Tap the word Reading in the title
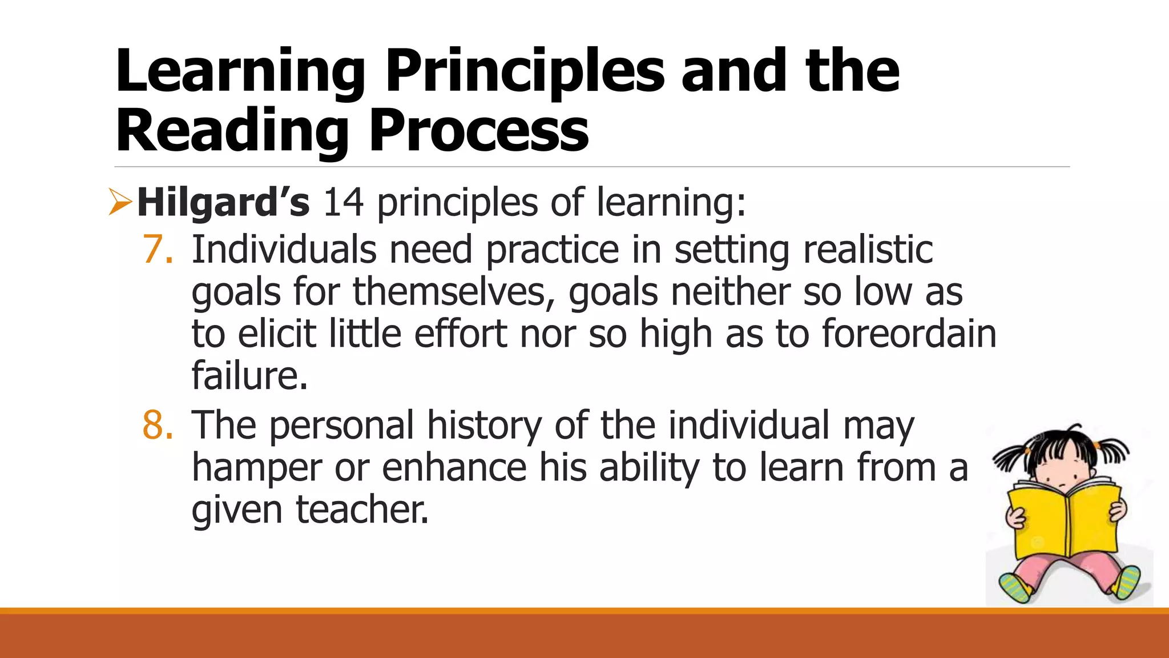(232, 131)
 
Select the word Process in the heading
(478, 131)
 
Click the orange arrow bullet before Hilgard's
(120, 203)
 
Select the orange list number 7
(157, 250)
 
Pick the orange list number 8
(157, 426)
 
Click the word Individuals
(284, 250)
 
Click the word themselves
(453, 292)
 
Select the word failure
(249, 376)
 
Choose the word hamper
(256, 468)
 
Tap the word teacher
(361, 509)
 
